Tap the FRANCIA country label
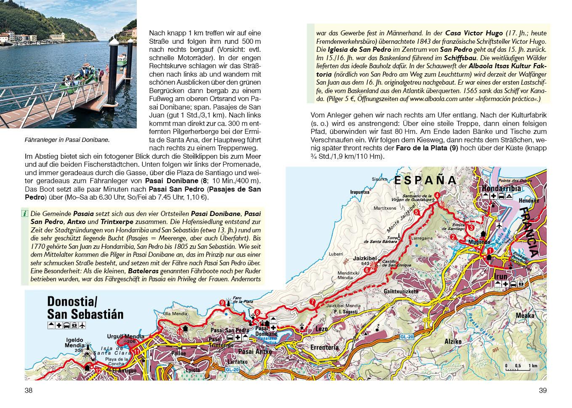pos(529,232)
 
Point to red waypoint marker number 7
pos(312,302)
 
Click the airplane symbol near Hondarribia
pos(499,226)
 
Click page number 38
pos(29,390)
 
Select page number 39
pos(543,390)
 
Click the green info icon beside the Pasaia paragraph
pos(24,214)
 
